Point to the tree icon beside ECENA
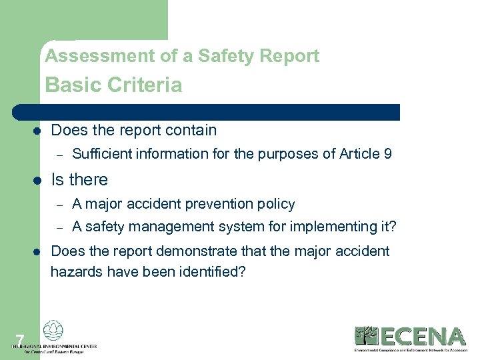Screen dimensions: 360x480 [x=365, y=335]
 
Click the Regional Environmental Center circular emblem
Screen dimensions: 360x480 [x=53, y=331]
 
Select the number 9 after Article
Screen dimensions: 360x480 [x=388, y=154]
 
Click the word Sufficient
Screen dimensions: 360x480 [x=102, y=154]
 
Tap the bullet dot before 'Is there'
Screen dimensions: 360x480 [x=38, y=180]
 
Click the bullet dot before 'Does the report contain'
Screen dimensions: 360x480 [x=38, y=131]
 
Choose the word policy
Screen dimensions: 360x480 [x=277, y=204]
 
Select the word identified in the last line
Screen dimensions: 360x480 [x=210, y=271]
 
